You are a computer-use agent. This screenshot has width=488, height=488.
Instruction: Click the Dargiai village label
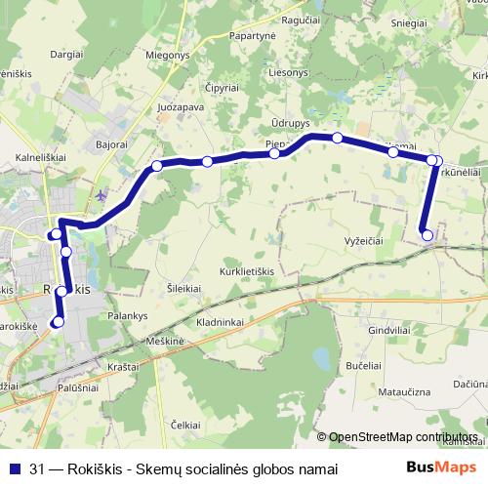click(66, 56)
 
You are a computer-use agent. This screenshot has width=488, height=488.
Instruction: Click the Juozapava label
click(180, 106)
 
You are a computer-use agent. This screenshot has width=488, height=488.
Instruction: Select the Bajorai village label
click(112, 143)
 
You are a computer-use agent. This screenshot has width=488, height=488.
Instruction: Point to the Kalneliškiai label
click(41, 155)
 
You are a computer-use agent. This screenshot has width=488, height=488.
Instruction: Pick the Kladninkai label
click(219, 321)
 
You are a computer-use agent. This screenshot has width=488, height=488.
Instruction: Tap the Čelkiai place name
click(185, 425)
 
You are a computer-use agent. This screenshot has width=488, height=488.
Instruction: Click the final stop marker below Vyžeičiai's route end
click(427, 234)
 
